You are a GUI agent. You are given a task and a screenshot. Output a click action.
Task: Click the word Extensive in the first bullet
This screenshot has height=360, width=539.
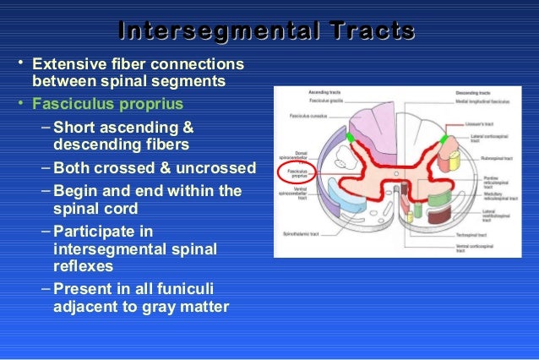[65, 64]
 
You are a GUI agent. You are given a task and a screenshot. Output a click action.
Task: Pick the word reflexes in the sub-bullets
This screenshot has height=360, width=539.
[84, 266]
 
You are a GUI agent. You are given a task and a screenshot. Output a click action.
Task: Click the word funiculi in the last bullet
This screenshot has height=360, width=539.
[201, 287]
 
